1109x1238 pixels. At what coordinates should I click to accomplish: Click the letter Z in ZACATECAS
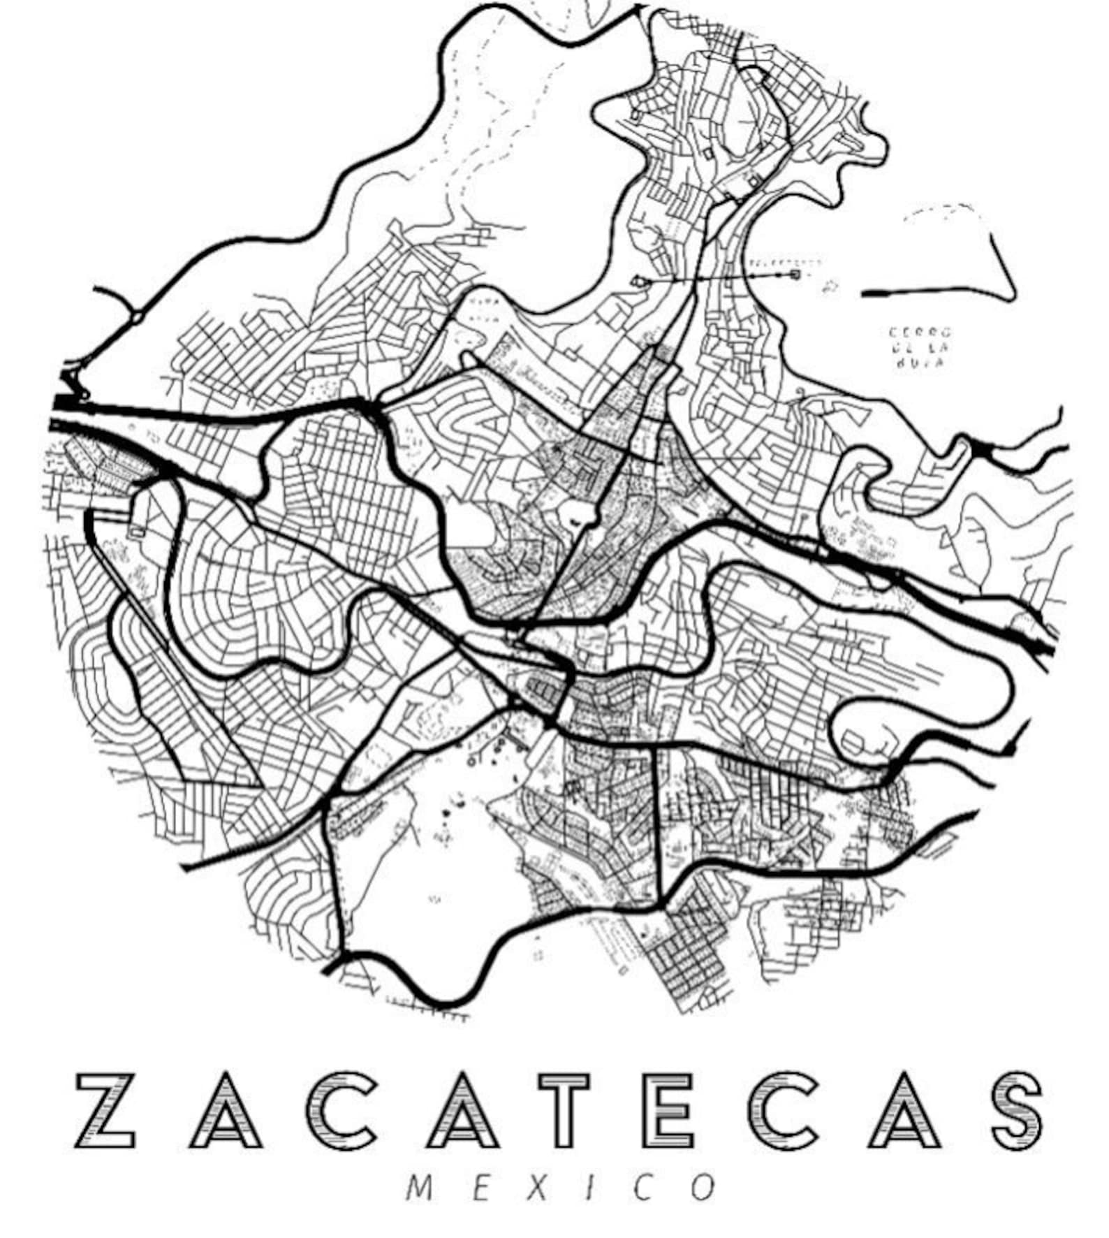pyautogui.click(x=105, y=1110)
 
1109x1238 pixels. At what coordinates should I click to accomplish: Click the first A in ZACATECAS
pyautogui.click(x=225, y=1110)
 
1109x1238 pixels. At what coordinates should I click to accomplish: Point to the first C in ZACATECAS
pyautogui.click(x=339, y=1110)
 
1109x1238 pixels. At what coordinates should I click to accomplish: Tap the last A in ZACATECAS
pyautogui.click(x=902, y=1110)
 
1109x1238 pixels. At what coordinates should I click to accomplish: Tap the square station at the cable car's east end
pyautogui.click(x=795, y=275)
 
